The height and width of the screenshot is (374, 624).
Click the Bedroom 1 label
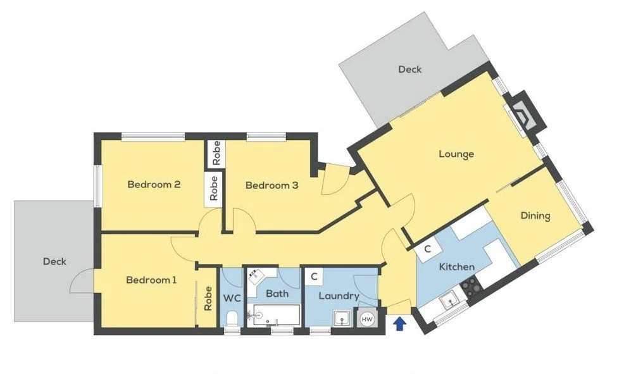tap(151, 280)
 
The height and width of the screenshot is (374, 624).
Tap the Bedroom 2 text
tap(154, 185)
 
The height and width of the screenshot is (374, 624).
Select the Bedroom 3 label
tap(271, 185)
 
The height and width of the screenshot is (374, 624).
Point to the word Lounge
tap(456, 154)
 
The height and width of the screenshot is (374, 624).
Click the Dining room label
tap(535, 216)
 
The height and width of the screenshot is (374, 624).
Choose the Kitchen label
tap(457, 266)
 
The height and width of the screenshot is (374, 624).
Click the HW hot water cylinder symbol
tap(367, 319)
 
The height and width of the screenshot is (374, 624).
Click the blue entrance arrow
tap(399, 324)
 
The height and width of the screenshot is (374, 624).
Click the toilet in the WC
tap(232, 318)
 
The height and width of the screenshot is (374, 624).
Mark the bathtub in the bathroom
tap(275, 315)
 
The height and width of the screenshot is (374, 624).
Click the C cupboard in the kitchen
tap(428, 249)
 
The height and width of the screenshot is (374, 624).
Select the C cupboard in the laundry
tap(313, 277)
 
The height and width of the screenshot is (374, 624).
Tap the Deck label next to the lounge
tap(409, 69)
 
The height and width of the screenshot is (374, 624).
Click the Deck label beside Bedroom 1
tap(54, 261)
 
